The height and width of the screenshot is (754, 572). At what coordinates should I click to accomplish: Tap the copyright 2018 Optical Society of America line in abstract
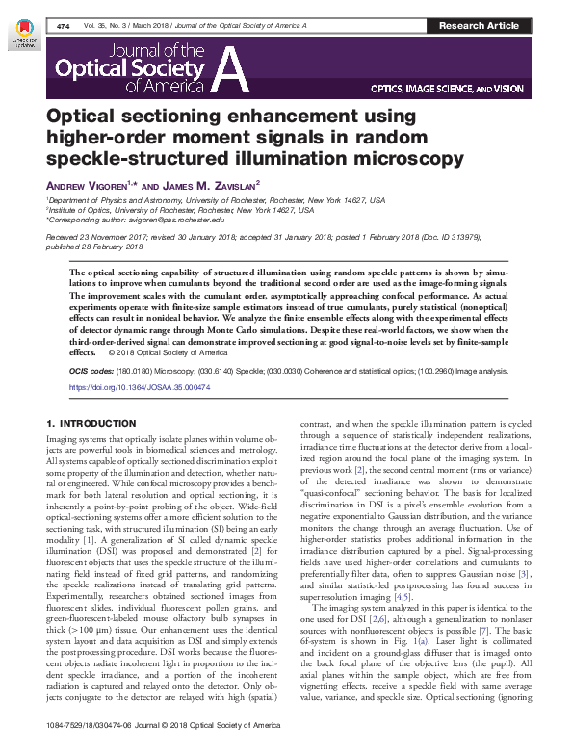170,352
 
